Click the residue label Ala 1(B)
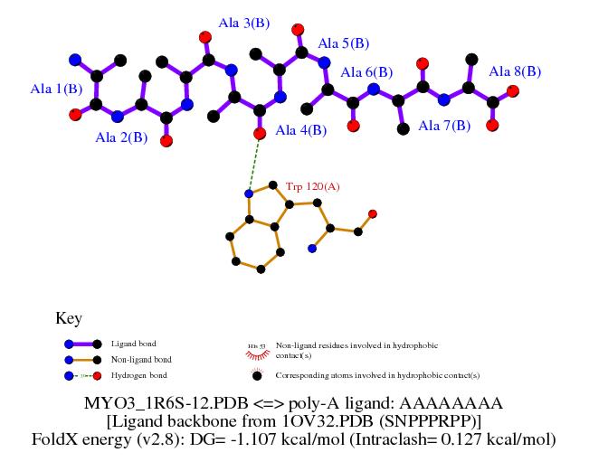pos(57,89)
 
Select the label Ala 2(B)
pos(121,137)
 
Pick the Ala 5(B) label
pos(345,42)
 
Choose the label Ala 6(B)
pos(366,72)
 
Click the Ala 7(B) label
pos(444,126)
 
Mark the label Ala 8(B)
pos(515,71)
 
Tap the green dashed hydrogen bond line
pos(254,163)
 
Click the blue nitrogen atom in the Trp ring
pos(249,193)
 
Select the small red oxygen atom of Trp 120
pos(373,213)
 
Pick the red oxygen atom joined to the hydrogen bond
pos(260,134)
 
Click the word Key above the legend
pos(69,318)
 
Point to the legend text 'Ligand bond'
pos(134,344)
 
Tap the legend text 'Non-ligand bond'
pos(142,359)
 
